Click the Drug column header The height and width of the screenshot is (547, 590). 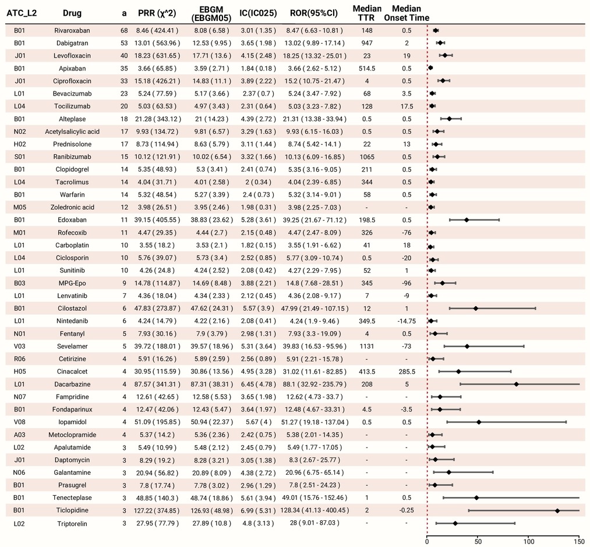point(72,13)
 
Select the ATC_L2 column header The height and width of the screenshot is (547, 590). point(22,13)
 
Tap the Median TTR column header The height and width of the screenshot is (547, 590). point(367,13)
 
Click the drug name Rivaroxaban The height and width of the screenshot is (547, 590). point(72,30)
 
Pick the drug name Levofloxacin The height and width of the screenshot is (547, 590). point(72,56)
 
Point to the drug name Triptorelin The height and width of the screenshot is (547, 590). point(72,524)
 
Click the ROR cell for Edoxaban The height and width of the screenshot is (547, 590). point(315,220)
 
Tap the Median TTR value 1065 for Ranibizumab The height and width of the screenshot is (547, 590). point(367,157)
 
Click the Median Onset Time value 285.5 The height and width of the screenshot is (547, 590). point(407,371)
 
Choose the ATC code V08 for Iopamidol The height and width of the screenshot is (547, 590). point(19,422)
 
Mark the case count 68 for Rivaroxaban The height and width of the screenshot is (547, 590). point(124,30)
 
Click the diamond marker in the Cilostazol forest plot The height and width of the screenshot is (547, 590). point(476,308)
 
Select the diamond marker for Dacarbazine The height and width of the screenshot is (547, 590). point(516,384)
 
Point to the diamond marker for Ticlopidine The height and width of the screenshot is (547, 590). point(557,510)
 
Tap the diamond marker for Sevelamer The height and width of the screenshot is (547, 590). point(467,346)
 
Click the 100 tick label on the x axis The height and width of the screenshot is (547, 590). point(529,542)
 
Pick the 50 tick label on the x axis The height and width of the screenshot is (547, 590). point(478,542)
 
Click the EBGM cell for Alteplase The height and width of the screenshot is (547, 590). point(211,119)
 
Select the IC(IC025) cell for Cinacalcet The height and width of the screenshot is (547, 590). point(258,371)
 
